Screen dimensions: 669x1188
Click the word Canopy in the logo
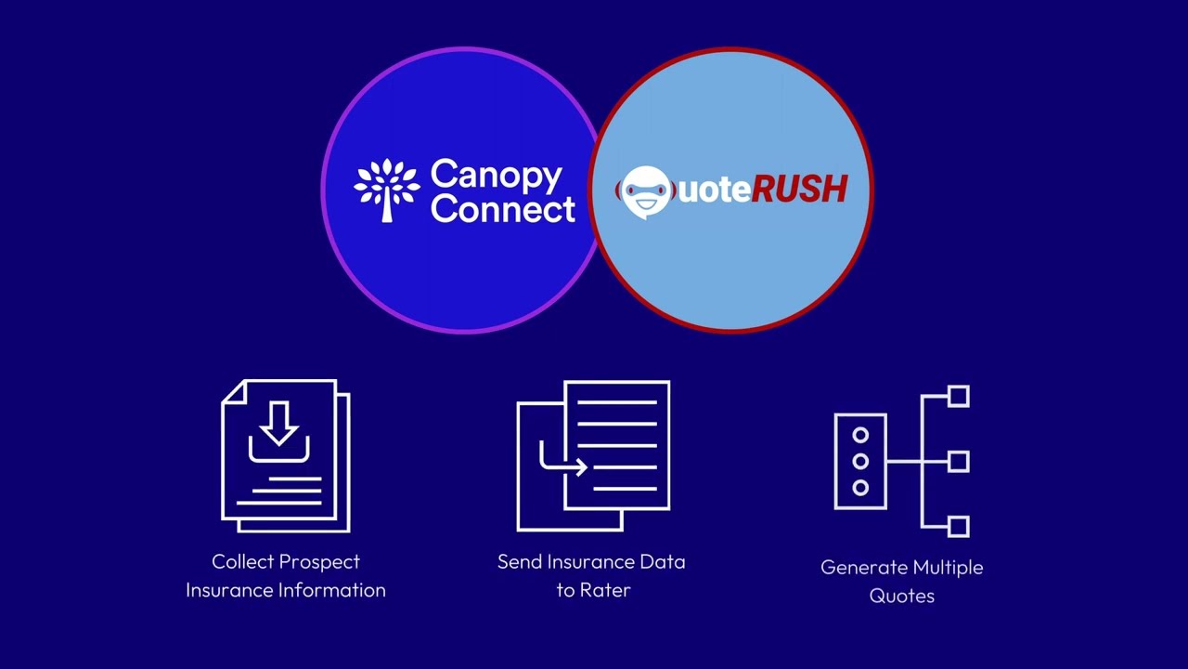pyautogui.click(x=496, y=176)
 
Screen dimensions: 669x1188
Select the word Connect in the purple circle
pyautogui.click(x=502, y=208)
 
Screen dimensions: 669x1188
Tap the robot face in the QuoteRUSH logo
pyautogui.click(x=644, y=191)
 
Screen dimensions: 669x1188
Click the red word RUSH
pyautogui.click(x=798, y=190)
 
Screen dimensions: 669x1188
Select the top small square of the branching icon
pyautogui.click(x=959, y=397)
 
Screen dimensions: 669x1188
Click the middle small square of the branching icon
pyautogui.click(x=959, y=461)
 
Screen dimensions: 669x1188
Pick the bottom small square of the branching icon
pyautogui.click(x=959, y=526)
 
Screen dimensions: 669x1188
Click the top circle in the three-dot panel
pyautogui.click(x=860, y=435)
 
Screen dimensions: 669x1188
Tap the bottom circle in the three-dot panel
pyautogui.click(x=860, y=487)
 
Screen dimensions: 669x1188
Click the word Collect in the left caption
pyautogui.click(x=243, y=561)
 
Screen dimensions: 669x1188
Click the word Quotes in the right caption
pyautogui.click(x=901, y=596)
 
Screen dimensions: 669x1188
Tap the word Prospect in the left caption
pyautogui.click(x=320, y=562)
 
